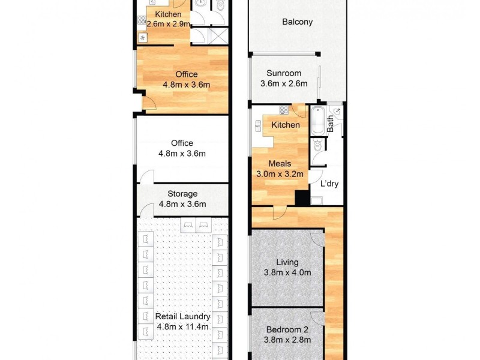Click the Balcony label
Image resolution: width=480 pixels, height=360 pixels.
coord(298,22)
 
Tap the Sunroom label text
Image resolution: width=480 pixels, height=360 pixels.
coord(284,73)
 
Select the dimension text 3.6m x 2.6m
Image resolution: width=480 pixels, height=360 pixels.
coord(284,84)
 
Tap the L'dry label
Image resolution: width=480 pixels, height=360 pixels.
coord(329,184)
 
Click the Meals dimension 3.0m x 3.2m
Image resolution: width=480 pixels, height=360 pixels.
coord(280,174)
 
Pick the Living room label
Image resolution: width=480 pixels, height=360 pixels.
coord(287,262)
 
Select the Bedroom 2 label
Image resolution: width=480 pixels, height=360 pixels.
coord(287,329)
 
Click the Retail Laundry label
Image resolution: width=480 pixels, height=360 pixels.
coord(182,316)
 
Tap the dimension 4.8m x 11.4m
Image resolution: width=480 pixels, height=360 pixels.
coord(182,327)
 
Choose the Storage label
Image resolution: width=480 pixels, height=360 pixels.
coord(182,194)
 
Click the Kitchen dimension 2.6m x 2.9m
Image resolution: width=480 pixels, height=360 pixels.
coord(168,25)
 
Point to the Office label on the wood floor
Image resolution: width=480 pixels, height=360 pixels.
coord(186,74)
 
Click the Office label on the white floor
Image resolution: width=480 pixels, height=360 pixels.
coord(182,143)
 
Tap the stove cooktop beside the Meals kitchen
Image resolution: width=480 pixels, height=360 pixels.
coord(284,110)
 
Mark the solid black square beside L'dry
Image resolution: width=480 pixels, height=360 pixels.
coord(302,199)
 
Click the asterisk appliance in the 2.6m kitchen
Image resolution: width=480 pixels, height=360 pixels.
coord(143,38)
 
